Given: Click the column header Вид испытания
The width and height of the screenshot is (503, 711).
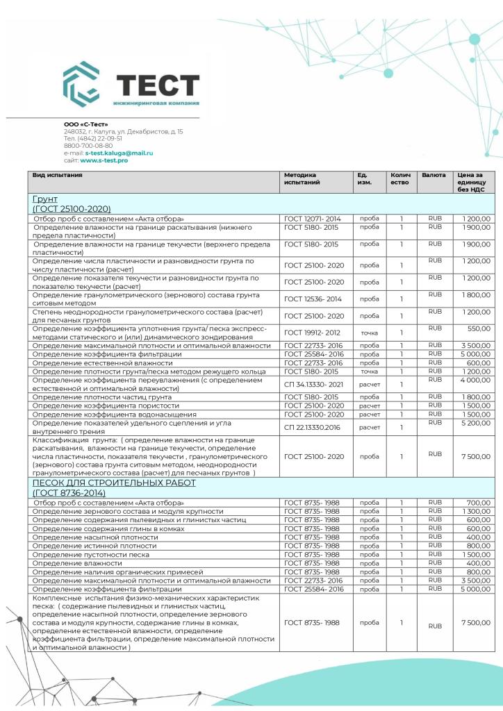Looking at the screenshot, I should [58, 175].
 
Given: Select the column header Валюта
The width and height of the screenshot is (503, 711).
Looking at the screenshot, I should [434, 175].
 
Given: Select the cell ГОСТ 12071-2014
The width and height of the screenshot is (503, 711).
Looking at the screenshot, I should [313, 219].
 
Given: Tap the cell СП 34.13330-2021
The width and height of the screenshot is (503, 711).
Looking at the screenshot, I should [313, 383].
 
